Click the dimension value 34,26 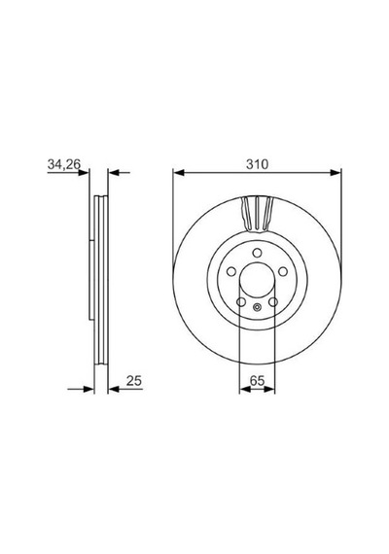(64, 164)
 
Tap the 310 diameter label (257, 164)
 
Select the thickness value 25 (134, 381)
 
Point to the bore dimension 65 (257, 381)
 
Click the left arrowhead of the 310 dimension (179, 172)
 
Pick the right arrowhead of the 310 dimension (336, 172)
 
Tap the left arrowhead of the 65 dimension (245, 389)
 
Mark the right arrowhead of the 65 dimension (269, 389)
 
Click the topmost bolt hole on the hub (257, 253)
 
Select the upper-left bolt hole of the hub (231, 272)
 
